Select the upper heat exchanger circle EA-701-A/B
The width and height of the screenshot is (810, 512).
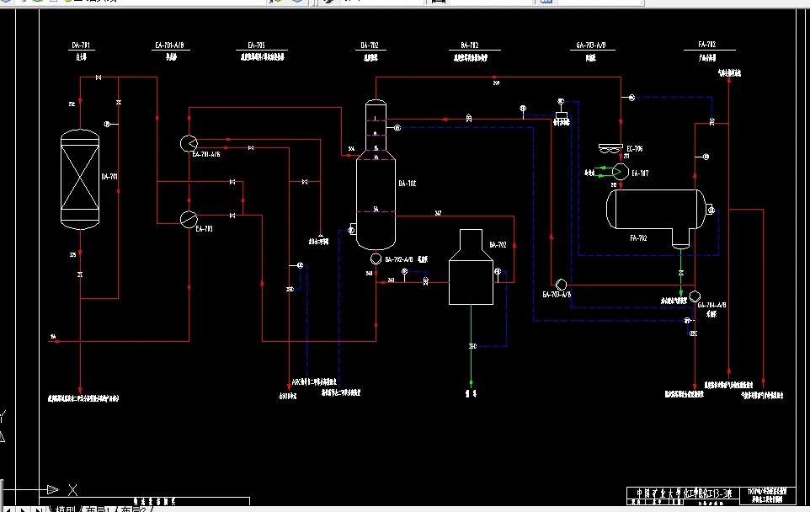[188, 142]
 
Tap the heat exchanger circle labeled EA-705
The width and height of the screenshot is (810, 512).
[188, 218]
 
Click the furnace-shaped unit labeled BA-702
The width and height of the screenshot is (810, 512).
[471, 269]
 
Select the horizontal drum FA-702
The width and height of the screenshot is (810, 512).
[657, 210]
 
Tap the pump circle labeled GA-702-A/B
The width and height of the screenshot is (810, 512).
[376, 259]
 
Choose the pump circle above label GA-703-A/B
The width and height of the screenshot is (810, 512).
[562, 284]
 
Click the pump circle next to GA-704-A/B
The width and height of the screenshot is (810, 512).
[695, 296]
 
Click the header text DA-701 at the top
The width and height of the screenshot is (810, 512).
[82, 44]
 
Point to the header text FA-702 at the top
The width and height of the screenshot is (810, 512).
[706, 44]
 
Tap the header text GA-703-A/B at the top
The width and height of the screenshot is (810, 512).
[591, 44]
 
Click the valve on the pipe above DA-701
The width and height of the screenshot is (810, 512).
[99, 78]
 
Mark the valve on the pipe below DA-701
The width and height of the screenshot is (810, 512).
[80, 275]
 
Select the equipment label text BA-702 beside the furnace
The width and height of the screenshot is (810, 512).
[498, 245]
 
